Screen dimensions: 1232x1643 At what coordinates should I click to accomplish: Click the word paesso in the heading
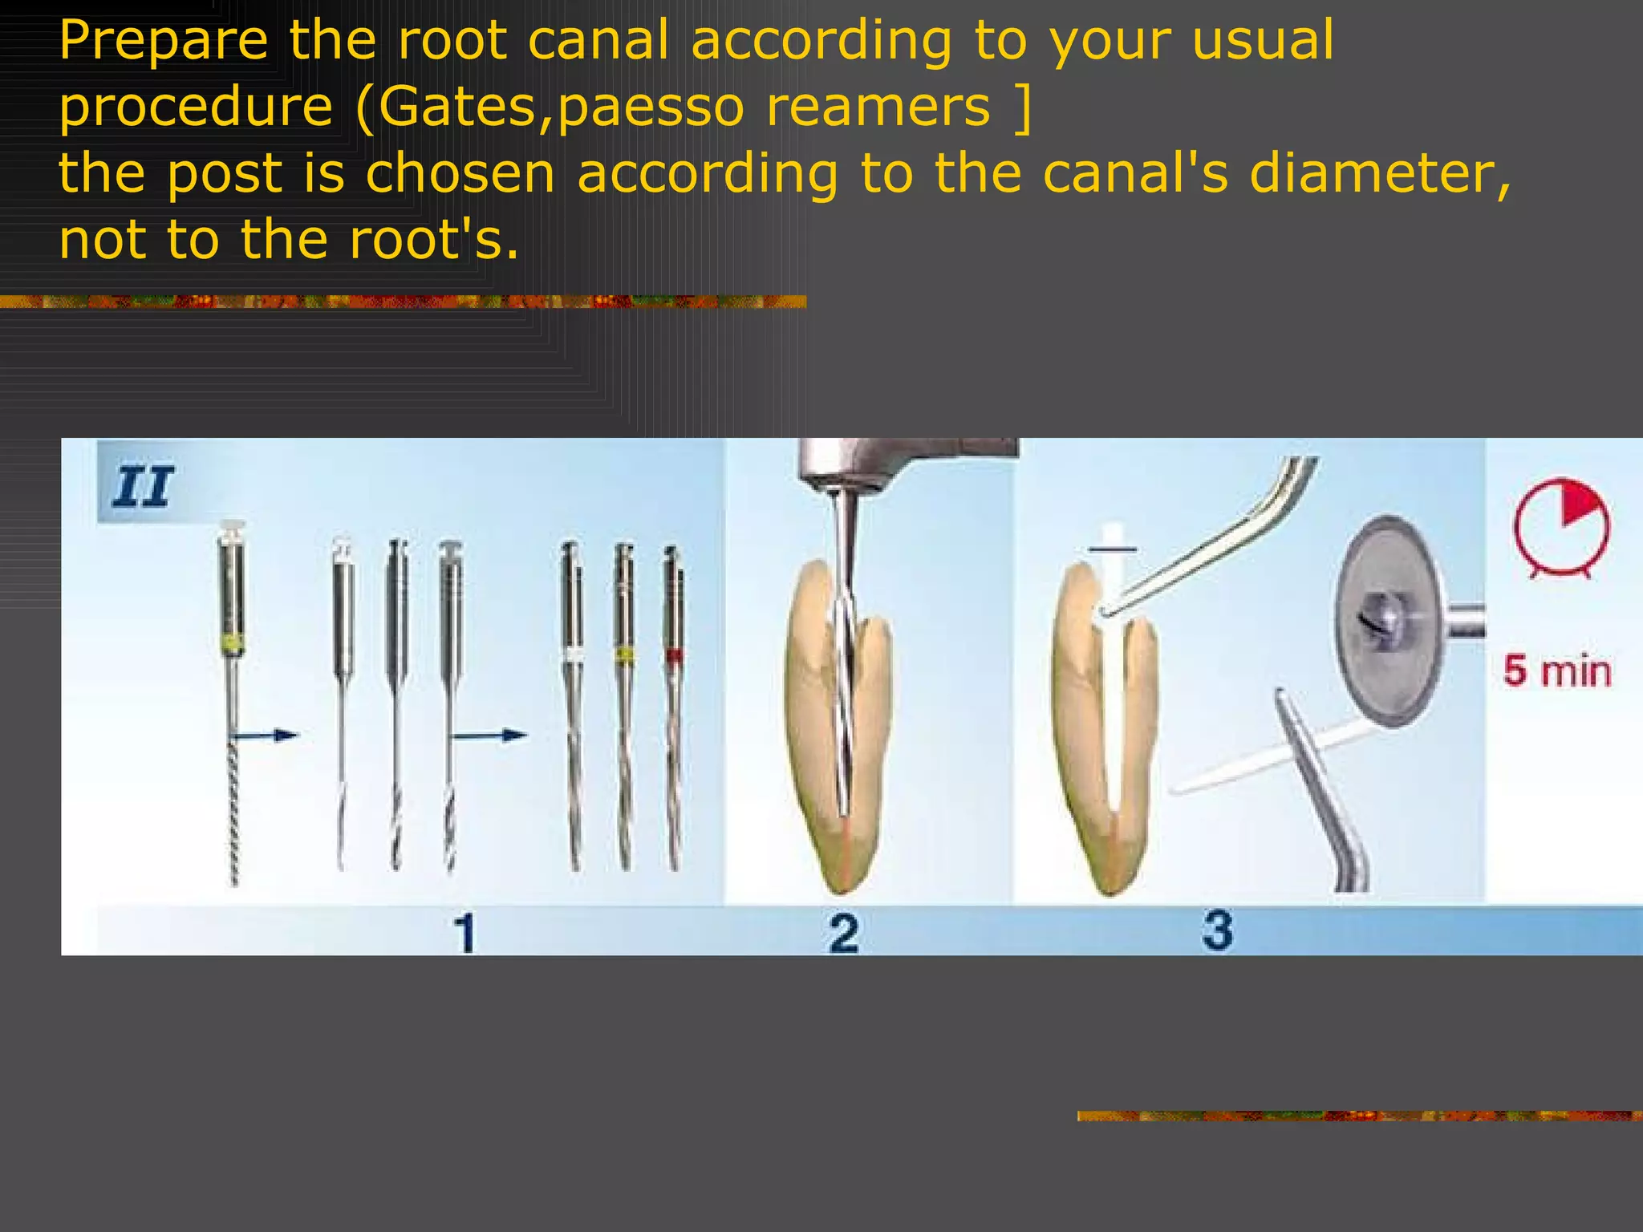click(x=651, y=106)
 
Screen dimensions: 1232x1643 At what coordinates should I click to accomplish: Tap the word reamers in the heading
click(x=878, y=106)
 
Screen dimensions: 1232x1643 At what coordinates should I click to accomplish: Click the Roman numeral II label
click(x=143, y=487)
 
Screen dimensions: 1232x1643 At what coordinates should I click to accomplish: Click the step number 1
click(x=465, y=933)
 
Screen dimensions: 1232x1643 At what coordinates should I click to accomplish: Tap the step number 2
click(x=843, y=933)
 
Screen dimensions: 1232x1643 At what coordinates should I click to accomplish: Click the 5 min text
click(x=1556, y=671)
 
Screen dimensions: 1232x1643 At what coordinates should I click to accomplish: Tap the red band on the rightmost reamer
click(x=674, y=656)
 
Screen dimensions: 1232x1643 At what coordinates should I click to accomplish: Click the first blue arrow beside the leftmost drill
click(x=264, y=735)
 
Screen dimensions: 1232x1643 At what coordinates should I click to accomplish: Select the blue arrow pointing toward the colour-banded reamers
click(x=489, y=735)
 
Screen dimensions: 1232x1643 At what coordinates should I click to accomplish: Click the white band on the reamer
click(x=574, y=656)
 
